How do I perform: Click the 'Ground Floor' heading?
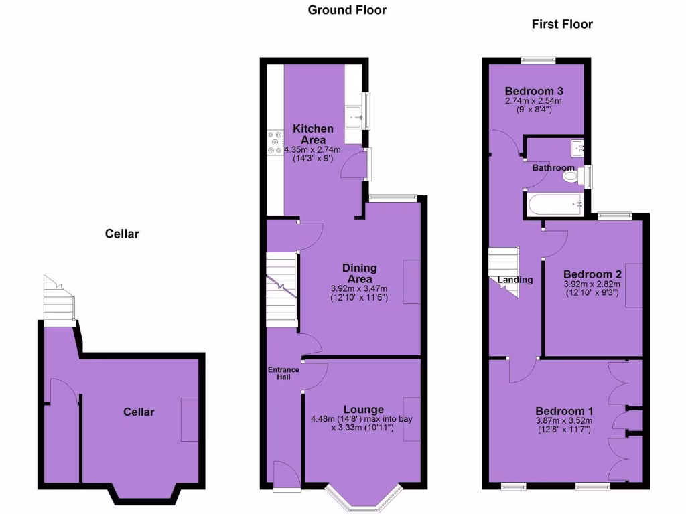click(347, 10)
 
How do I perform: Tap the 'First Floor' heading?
click(562, 24)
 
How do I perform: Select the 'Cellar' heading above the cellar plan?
click(122, 234)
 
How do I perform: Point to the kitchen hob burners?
click(275, 143)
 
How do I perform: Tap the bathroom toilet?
click(571, 177)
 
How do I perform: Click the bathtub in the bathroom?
click(554, 204)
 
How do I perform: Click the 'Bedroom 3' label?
click(533, 91)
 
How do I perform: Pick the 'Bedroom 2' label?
click(592, 274)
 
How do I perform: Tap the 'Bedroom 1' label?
click(564, 411)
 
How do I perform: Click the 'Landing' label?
click(515, 280)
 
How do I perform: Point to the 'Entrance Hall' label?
click(284, 373)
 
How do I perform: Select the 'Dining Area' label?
click(360, 274)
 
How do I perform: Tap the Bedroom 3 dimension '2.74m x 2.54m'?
click(533, 101)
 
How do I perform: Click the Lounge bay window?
click(364, 497)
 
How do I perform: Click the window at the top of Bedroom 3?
click(539, 59)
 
